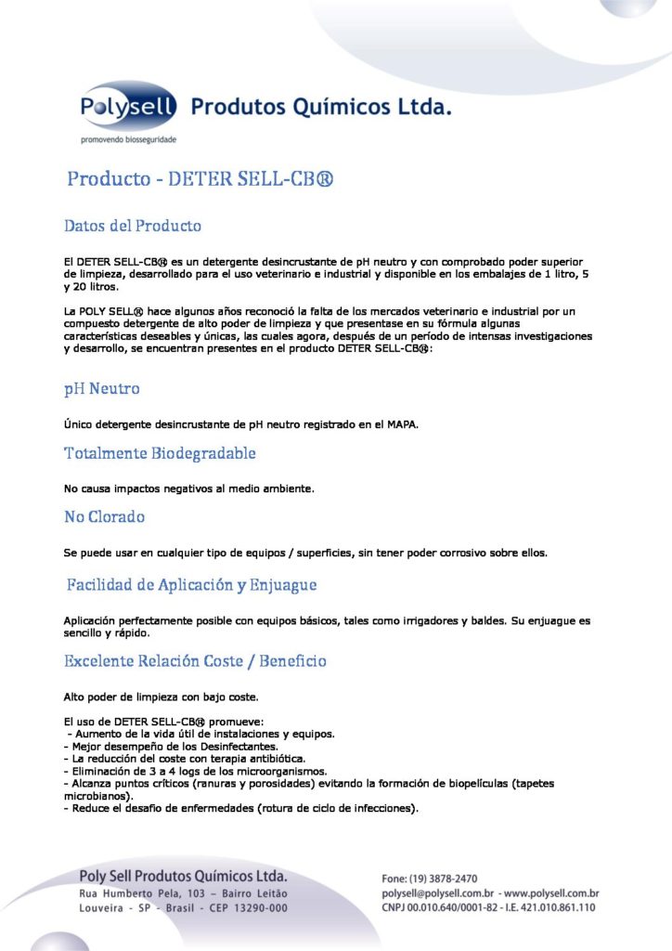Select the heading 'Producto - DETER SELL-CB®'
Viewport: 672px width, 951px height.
pos(200,178)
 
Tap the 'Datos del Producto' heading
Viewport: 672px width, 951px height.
pos(133,226)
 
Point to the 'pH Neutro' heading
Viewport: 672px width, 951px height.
pos(102,388)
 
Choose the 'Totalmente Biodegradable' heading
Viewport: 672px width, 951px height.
pos(160,453)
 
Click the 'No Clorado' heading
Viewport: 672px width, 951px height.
pos(104,516)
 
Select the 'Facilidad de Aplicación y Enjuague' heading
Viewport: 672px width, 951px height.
pos(191,585)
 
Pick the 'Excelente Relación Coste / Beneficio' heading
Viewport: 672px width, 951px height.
pos(195,661)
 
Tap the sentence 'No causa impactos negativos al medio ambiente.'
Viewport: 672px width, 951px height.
pos(189,488)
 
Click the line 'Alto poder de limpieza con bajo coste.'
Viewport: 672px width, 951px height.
pos(161,697)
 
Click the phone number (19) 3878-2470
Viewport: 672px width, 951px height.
pos(443,879)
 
